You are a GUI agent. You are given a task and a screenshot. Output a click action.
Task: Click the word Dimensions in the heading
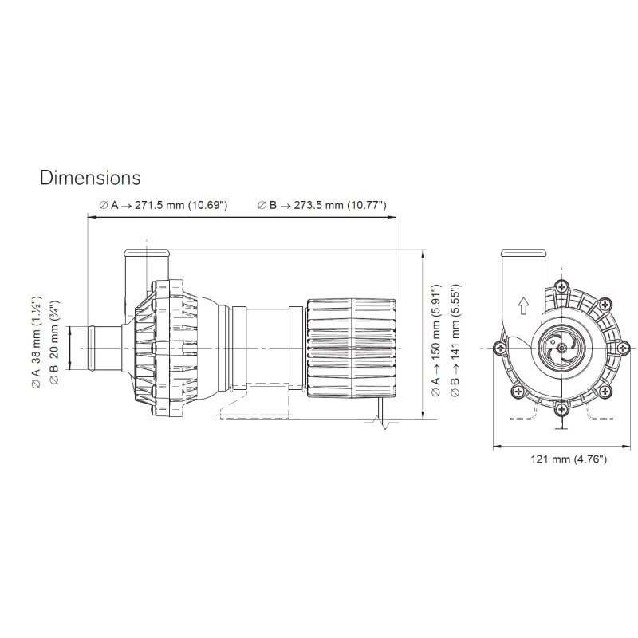[x=90, y=175]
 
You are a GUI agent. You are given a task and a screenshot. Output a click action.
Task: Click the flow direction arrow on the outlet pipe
[x=523, y=304]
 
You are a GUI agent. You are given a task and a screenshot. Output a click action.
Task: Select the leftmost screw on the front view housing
[x=498, y=348]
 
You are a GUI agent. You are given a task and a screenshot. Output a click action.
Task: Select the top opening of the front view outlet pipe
[x=522, y=254]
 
